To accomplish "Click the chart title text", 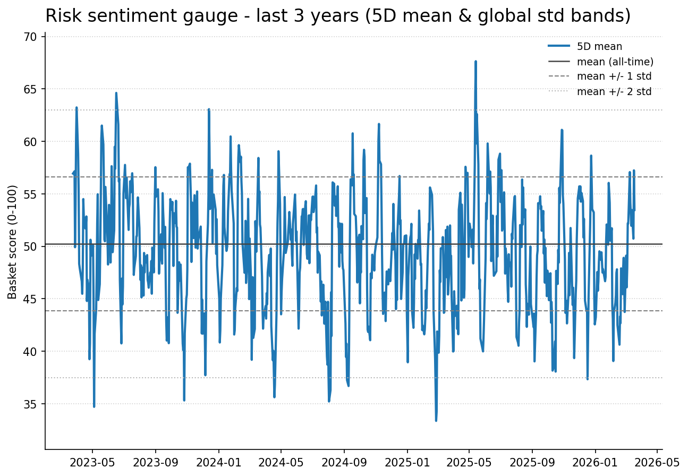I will (338, 16).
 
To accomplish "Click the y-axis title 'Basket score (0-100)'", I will (13, 242).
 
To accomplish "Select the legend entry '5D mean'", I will (599, 47).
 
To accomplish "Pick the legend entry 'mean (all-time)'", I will (615, 62).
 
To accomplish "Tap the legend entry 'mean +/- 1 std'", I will (614, 76).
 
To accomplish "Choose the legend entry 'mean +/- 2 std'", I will (614, 91).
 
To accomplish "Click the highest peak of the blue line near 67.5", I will (475, 62).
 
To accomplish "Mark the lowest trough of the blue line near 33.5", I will (436, 420).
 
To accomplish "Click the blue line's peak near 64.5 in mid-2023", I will (116, 93).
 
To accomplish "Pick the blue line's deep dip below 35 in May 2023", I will (94, 406).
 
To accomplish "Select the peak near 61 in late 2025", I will (562, 130).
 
